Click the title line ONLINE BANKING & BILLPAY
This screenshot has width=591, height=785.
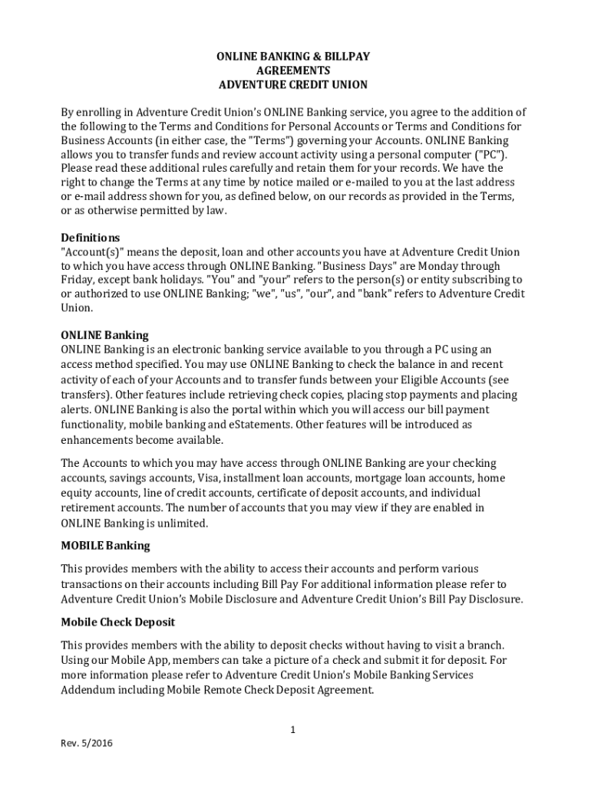point(292,56)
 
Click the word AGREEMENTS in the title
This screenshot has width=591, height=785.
point(292,71)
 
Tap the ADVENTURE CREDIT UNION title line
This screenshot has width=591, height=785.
point(292,84)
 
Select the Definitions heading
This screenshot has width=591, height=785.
point(90,238)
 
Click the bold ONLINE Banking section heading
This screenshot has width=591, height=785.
point(104,335)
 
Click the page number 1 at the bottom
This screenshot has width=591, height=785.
point(292,730)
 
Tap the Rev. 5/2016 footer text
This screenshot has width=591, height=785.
point(87,744)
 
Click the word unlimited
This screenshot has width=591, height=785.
point(183,523)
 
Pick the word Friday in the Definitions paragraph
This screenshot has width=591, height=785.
point(77,281)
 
